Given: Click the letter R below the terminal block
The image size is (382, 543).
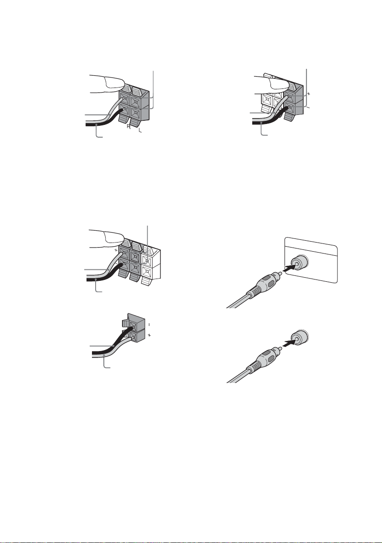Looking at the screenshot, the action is [128, 127].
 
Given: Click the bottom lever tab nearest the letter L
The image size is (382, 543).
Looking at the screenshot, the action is [136, 122].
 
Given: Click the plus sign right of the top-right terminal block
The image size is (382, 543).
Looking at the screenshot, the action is [308, 94].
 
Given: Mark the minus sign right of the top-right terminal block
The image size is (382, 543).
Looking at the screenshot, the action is [308, 108].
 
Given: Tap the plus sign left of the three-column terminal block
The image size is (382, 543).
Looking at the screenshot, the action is [116, 249].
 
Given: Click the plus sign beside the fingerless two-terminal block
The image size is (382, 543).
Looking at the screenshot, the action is [150, 336].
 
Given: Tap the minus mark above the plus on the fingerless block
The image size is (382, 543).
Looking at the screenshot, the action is [149, 325].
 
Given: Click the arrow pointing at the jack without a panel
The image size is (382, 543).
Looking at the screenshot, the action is [289, 343].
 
